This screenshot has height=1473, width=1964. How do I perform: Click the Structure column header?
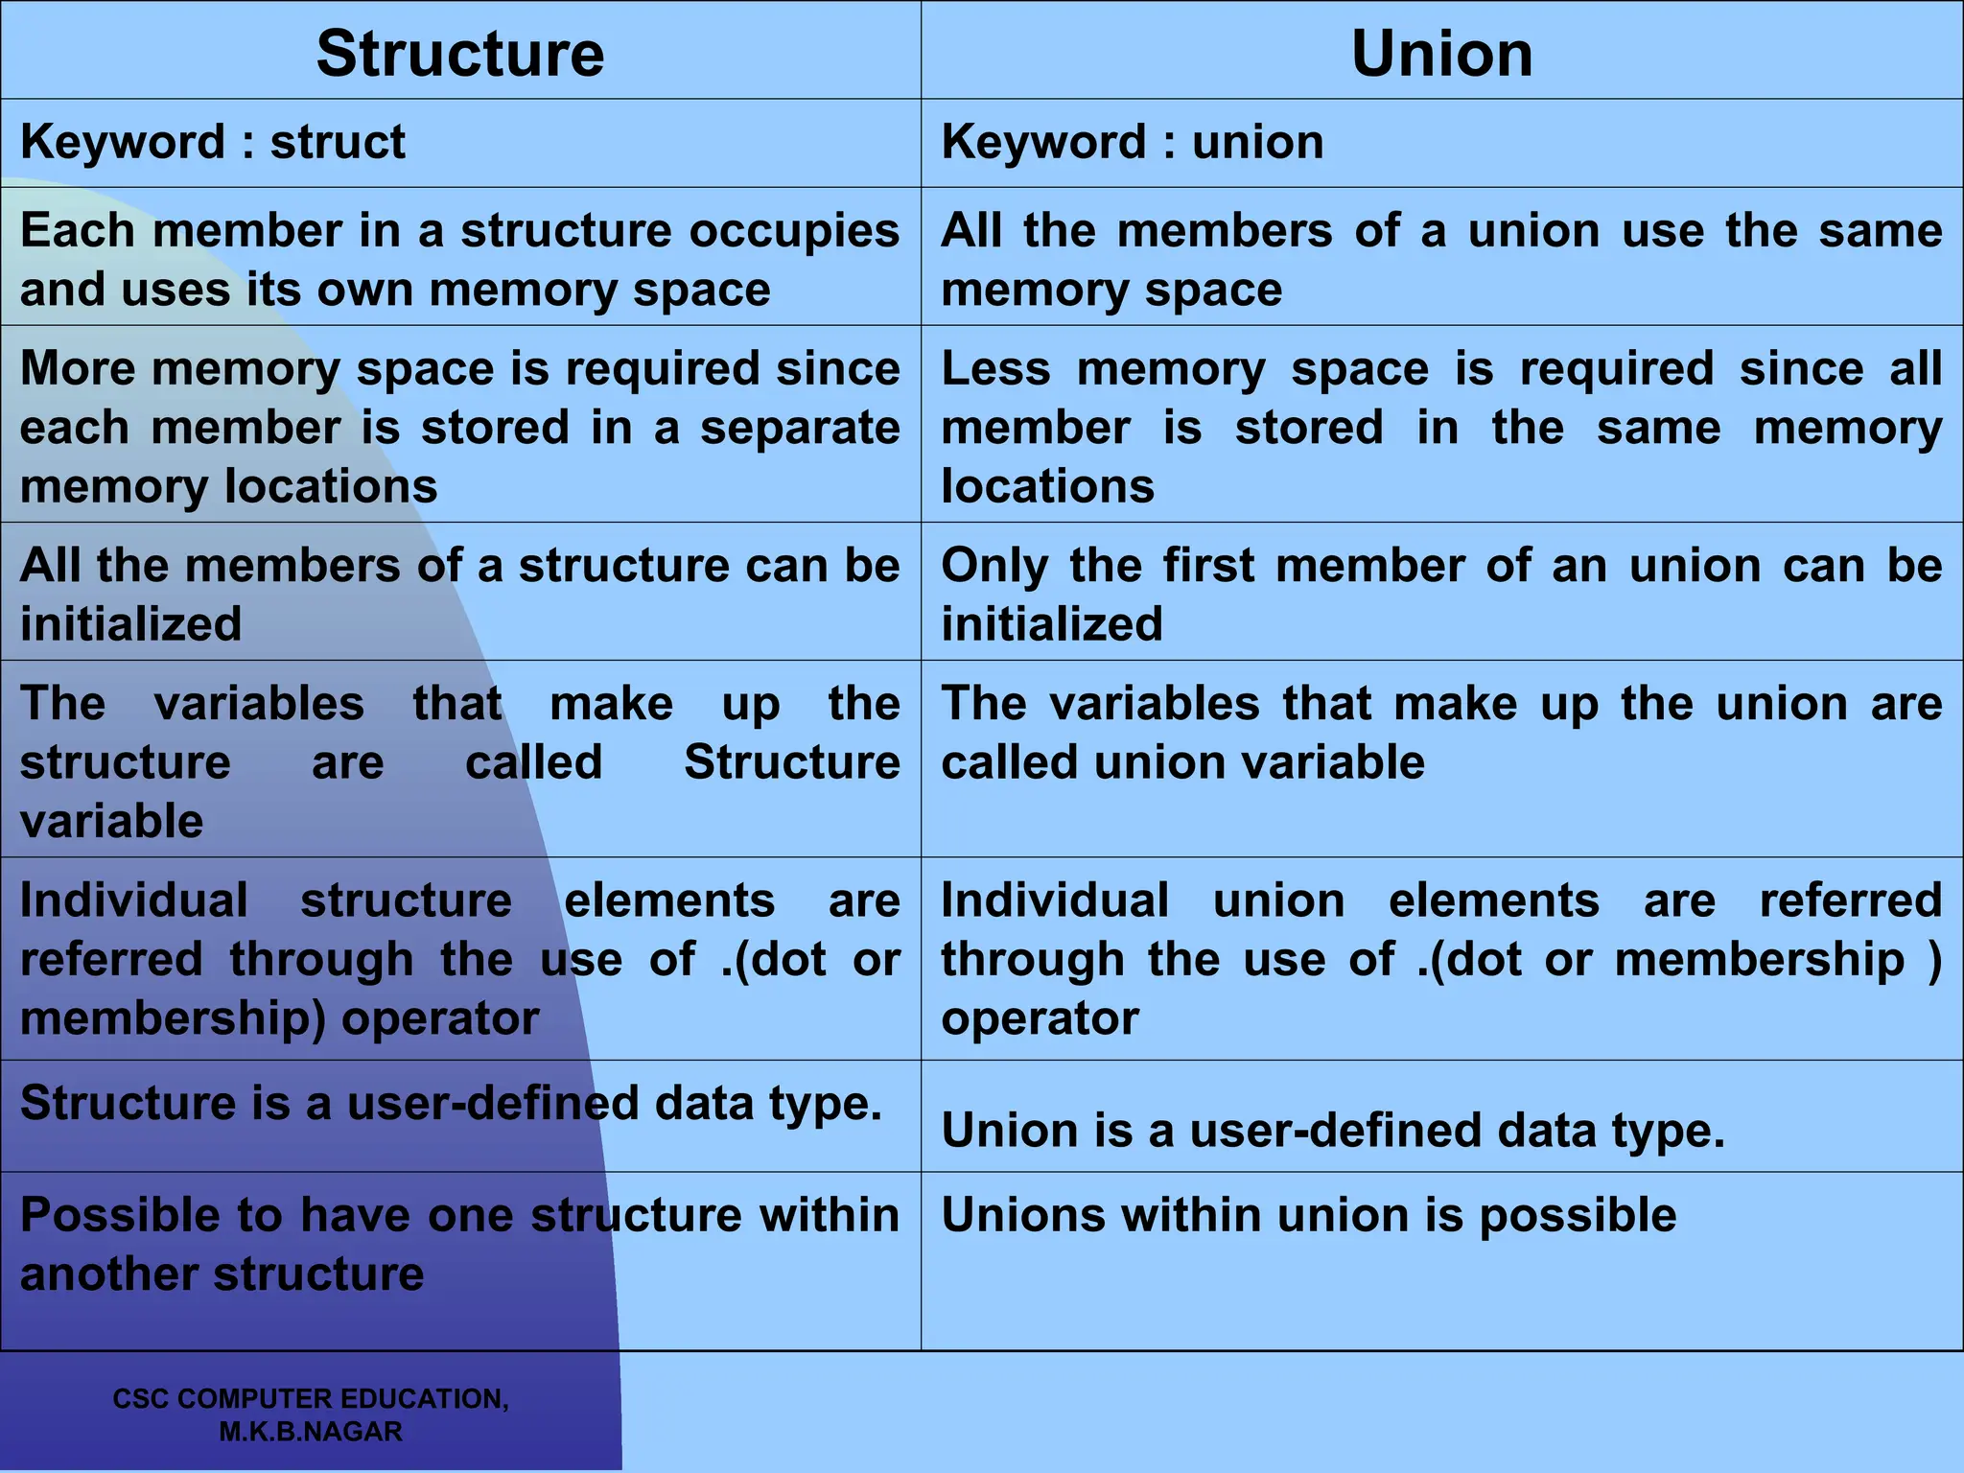(460, 54)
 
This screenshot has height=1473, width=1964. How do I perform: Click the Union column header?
(1441, 54)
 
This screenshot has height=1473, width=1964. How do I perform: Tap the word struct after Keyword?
(338, 142)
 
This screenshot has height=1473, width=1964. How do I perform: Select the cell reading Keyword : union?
(1133, 142)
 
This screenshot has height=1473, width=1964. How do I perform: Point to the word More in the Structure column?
(78, 369)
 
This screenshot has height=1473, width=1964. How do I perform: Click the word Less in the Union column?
(995, 369)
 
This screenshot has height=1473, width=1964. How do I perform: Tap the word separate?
(800, 428)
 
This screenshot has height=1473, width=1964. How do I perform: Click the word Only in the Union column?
(994, 566)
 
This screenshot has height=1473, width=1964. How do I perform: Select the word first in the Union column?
(1208, 566)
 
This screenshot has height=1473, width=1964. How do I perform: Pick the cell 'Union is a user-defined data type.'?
(1333, 1131)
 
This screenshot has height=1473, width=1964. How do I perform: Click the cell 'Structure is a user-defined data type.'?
(451, 1103)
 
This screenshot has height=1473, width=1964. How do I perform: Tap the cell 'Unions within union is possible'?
(1309, 1215)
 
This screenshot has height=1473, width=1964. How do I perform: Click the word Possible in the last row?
(151, 1215)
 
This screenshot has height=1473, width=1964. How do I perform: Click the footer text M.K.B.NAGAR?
(311, 1432)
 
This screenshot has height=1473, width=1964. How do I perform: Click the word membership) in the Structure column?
(174, 1018)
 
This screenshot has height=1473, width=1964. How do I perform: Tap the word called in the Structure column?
(534, 763)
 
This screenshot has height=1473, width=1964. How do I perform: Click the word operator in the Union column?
(1040, 1018)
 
